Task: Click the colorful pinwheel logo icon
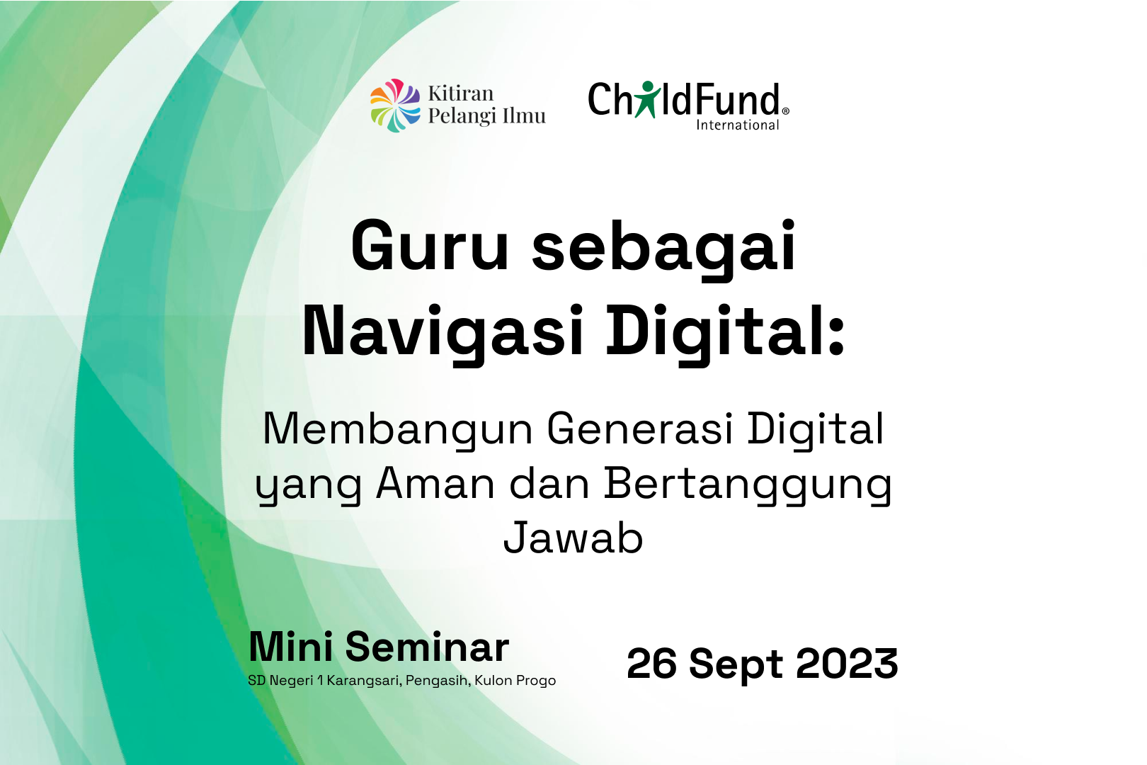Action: (x=395, y=106)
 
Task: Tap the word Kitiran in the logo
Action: (x=460, y=93)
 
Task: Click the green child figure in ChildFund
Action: (x=647, y=99)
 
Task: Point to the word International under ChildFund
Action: (x=737, y=125)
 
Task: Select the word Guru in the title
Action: (x=430, y=245)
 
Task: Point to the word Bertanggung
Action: (x=748, y=486)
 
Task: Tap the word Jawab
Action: (x=573, y=538)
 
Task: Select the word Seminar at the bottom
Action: (x=427, y=647)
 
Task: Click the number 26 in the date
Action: (x=651, y=664)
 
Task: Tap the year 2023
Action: (x=847, y=664)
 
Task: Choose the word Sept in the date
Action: (x=736, y=664)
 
